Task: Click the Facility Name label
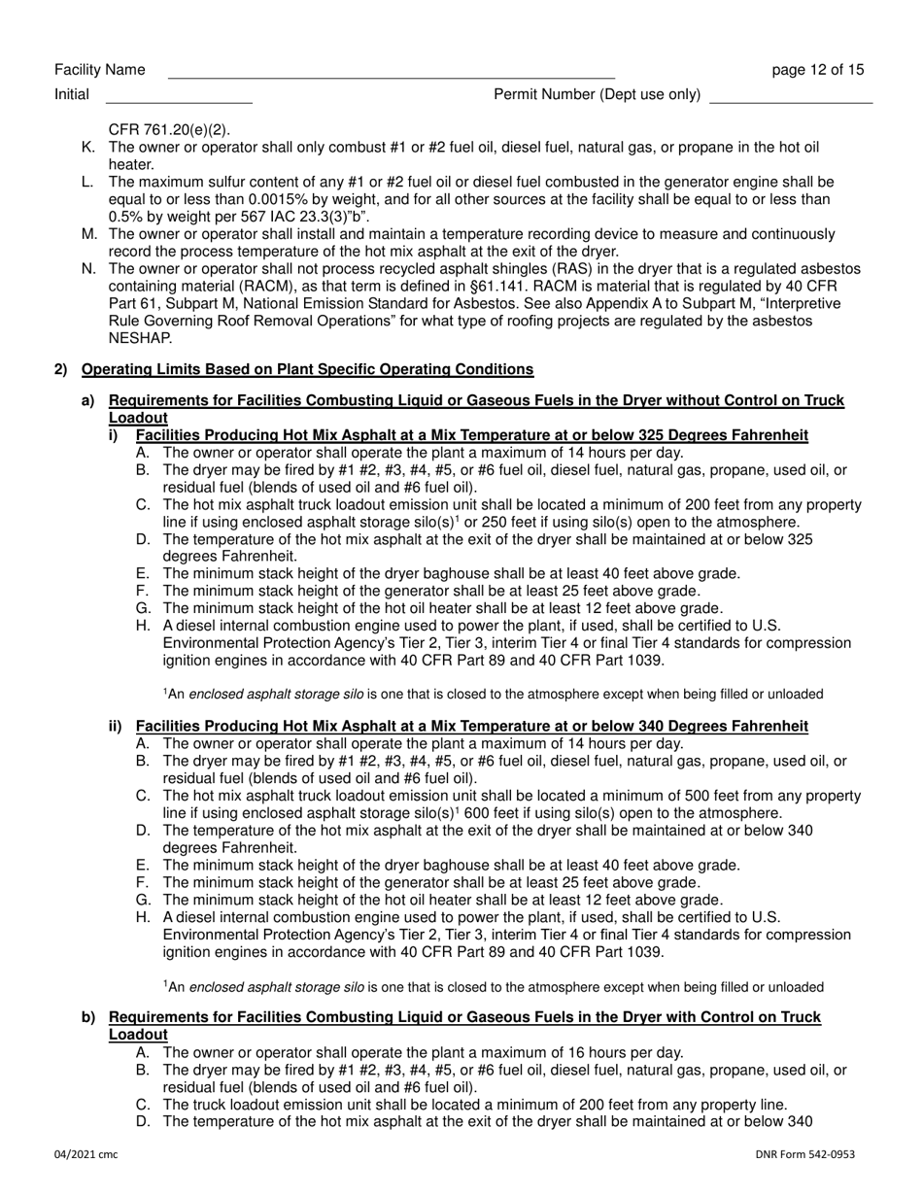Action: coord(100,69)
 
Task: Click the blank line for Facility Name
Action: coord(391,72)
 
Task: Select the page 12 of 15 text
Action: coord(817,69)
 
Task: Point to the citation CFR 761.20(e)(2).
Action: coord(170,128)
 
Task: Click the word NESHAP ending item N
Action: coord(140,339)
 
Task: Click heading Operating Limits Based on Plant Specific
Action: coord(307,369)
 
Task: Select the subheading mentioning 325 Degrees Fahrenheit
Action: coord(471,434)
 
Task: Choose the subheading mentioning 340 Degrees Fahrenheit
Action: coord(471,726)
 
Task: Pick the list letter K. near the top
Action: coord(88,147)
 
